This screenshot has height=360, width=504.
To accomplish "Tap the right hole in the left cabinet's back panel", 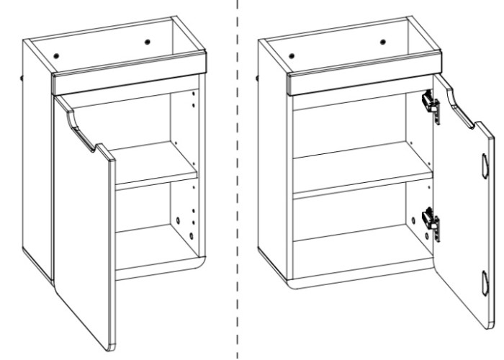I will click(148, 42).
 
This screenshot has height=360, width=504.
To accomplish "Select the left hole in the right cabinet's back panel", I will click(292, 55).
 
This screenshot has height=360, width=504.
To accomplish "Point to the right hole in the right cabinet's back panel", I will click(382, 42).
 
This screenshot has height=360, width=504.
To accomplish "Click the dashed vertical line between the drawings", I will click(238, 180).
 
